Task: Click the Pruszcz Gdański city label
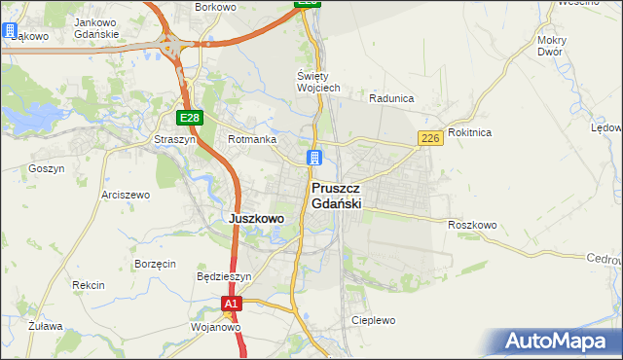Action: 337,196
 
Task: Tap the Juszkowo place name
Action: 256,219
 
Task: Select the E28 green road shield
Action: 190,118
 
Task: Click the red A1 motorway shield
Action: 230,305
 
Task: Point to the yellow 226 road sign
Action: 431,139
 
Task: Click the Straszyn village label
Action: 175,139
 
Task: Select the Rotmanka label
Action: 251,139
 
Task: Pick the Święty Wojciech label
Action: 318,82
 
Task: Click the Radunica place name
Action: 392,98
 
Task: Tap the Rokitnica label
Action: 470,132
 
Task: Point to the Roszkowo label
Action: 472,225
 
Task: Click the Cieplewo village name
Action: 374,320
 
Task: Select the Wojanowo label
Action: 215,328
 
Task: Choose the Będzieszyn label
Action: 224,276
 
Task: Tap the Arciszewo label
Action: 126,195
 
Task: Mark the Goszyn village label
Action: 47,168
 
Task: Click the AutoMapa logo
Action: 559,342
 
